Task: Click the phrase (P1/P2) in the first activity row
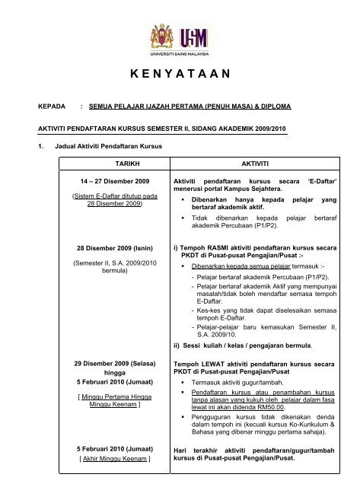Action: click(x=250, y=226)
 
